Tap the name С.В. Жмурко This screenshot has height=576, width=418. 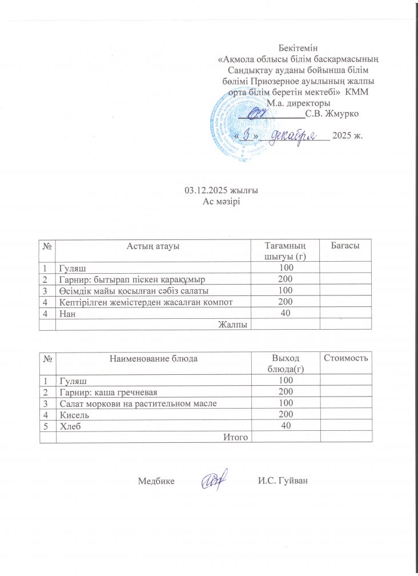click(332, 113)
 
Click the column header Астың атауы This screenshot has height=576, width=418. click(153, 246)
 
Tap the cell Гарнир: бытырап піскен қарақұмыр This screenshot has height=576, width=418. click(132, 279)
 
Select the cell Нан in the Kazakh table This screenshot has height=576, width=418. click(67, 313)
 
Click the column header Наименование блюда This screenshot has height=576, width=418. click(153, 358)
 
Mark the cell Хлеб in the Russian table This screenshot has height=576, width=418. click(69, 426)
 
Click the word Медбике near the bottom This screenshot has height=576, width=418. click(156, 481)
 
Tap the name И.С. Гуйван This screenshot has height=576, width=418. click(283, 481)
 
